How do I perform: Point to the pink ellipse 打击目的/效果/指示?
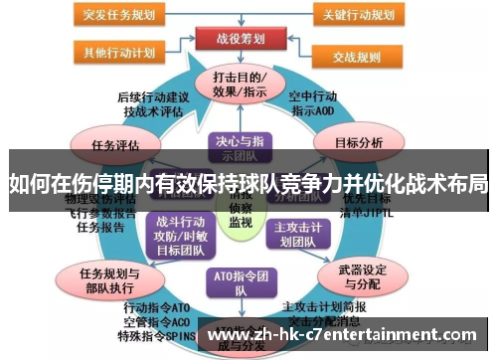240,84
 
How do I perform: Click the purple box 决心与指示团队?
240,147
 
